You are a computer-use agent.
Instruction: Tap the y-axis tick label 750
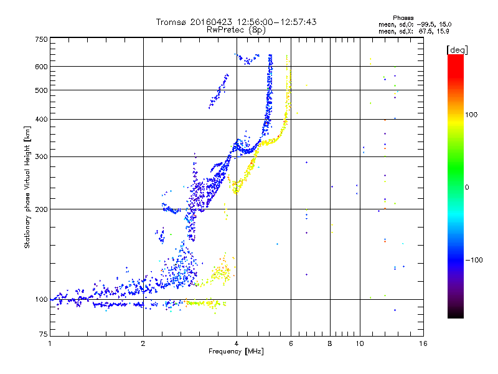[x=41, y=39]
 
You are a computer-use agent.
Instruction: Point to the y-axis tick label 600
[x=41, y=67]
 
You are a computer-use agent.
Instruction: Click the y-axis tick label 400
[x=41, y=119]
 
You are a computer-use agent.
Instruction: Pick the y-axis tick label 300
[x=41, y=156]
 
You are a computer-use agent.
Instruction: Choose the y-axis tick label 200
[x=41, y=209]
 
